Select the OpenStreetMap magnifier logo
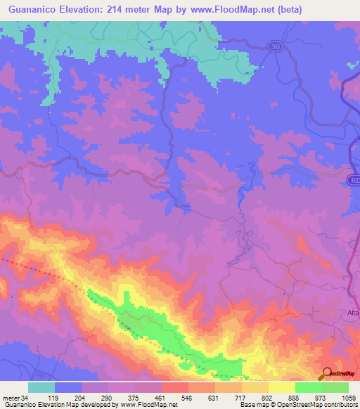[x=327, y=374]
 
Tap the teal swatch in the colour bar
[x=41, y=388]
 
